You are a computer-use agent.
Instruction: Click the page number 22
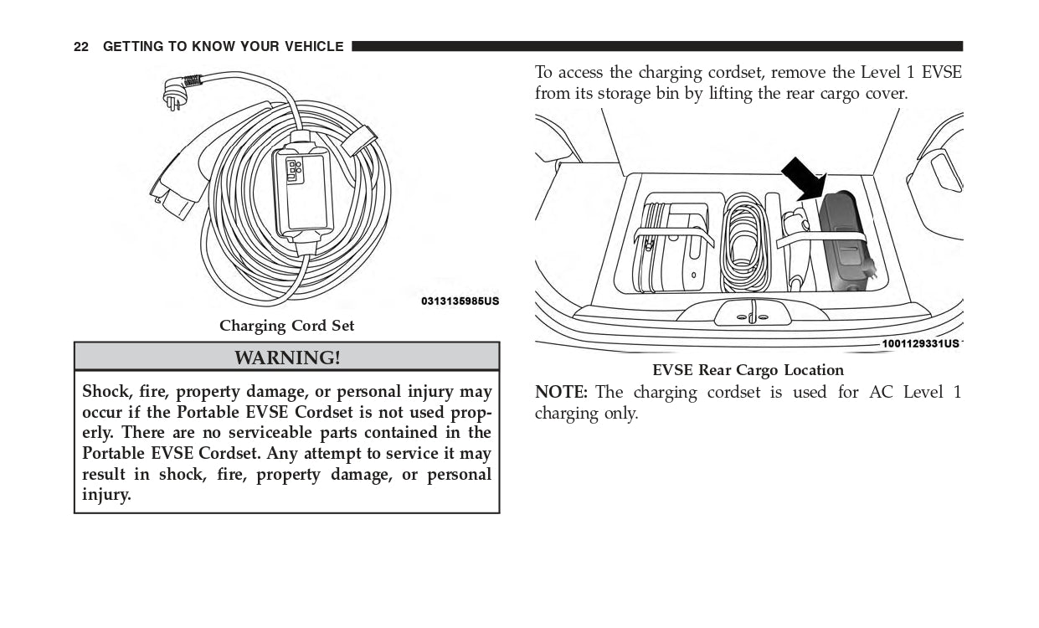click(81, 47)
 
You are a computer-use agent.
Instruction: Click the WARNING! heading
click(287, 358)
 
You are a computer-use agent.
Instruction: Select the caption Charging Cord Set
click(287, 326)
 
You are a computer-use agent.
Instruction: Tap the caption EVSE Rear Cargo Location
click(748, 370)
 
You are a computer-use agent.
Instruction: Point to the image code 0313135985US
click(460, 301)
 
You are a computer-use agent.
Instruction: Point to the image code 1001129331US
click(919, 343)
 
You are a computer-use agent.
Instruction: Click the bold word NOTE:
click(561, 393)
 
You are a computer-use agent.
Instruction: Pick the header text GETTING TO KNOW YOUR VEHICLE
click(223, 47)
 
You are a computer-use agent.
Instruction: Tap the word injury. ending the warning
click(106, 495)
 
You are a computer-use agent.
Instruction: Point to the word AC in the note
click(880, 393)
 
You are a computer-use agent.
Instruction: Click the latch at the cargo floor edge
click(752, 314)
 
